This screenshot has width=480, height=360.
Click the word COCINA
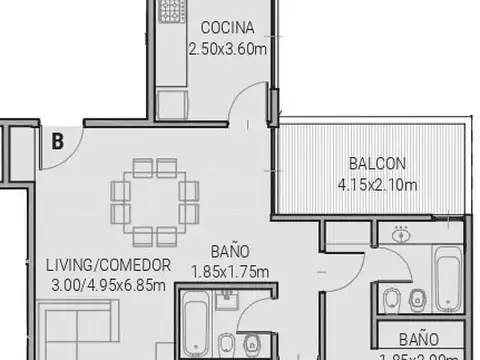(x=228, y=26)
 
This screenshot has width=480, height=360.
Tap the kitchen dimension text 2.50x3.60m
(x=228, y=46)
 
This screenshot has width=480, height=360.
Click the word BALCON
(x=377, y=163)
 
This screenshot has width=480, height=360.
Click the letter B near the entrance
(x=58, y=141)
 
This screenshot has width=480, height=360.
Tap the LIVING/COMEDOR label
(x=108, y=265)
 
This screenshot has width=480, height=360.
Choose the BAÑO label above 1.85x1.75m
(x=230, y=251)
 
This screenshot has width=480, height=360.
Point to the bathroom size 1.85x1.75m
(x=230, y=270)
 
